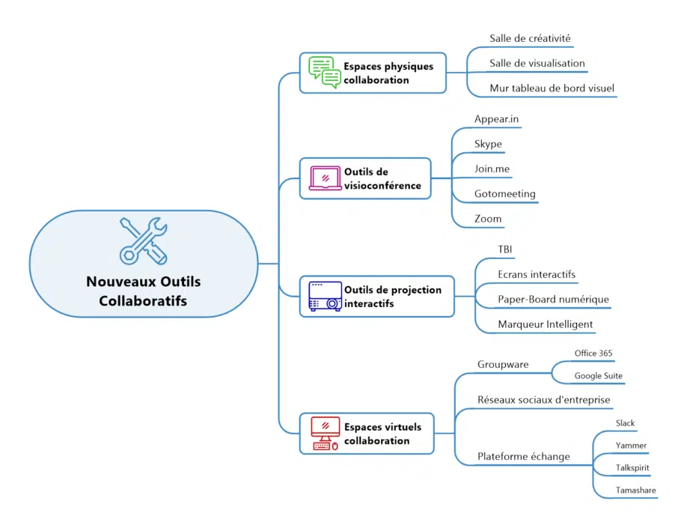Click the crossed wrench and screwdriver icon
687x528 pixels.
click(x=143, y=240)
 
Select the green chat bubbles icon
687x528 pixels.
click(x=325, y=73)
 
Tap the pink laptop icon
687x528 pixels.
click(x=325, y=178)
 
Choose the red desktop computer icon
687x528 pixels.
click(x=325, y=434)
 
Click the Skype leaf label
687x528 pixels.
click(x=488, y=144)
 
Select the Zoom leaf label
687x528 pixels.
click(x=487, y=219)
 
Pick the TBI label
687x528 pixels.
click(x=505, y=249)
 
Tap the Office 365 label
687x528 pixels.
click(x=593, y=353)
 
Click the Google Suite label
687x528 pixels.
click(x=598, y=376)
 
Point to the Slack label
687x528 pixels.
click(x=625, y=423)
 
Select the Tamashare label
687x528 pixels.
click(x=635, y=491)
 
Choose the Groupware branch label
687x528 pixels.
click(x=503, y=365)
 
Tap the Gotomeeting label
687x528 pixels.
click(x=504, y=194)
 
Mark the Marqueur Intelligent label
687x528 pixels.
click(x=545, y=324)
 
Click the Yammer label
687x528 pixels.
click(x=631, y=446)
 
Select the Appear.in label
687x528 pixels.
click(x=496, y=119)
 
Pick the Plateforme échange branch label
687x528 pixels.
click(x=523, y=457)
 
